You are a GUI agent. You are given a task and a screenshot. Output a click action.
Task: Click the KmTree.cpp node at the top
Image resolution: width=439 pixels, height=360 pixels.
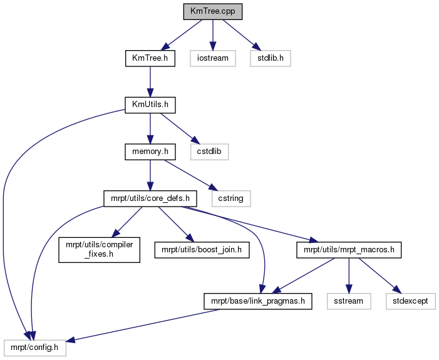tap(213, 11)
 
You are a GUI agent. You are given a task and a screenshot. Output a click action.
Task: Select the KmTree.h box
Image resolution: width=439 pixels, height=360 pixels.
tap(150, 58)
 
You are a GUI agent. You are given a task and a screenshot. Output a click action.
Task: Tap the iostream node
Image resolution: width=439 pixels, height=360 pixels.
tap(213, 58)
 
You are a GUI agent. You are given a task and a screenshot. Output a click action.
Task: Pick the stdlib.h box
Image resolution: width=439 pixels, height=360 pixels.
tap(271, 58)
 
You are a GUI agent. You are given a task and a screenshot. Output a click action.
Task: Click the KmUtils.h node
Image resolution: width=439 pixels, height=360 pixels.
tap(150, 105)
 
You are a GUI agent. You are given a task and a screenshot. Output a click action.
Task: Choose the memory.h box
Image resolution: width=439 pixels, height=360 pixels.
tap(150, 152)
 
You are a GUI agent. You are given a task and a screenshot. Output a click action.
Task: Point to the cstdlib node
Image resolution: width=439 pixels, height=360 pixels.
tap(209, 152)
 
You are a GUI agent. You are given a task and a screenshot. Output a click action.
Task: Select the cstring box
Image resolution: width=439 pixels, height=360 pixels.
tap(231, 198)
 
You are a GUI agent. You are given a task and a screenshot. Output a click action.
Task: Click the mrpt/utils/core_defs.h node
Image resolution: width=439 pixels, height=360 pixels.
tap(150, 198)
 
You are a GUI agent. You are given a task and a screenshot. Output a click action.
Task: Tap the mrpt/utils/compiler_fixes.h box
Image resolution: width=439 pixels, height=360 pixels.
tap(100, 250)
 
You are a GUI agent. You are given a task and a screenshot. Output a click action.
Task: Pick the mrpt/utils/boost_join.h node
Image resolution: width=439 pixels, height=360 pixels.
tap(202, 250)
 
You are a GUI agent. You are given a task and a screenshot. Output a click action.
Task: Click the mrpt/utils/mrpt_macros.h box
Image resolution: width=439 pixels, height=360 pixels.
tap(349, 250)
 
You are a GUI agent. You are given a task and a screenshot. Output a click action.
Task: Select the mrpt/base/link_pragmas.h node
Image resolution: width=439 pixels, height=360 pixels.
tap(258, 301)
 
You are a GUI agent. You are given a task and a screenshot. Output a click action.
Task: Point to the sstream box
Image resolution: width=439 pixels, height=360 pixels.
tap(349, 301)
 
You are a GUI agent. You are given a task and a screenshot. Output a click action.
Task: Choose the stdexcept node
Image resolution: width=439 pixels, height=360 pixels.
tap(410, 301)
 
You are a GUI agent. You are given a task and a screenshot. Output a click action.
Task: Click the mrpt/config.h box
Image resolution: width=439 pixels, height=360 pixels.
tap(35, 348)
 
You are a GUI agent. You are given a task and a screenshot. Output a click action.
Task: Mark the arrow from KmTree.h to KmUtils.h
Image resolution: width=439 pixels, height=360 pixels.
tap(150, 82)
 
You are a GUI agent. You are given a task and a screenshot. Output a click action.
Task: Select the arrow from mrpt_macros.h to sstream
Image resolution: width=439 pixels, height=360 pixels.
tap(349, 275)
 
